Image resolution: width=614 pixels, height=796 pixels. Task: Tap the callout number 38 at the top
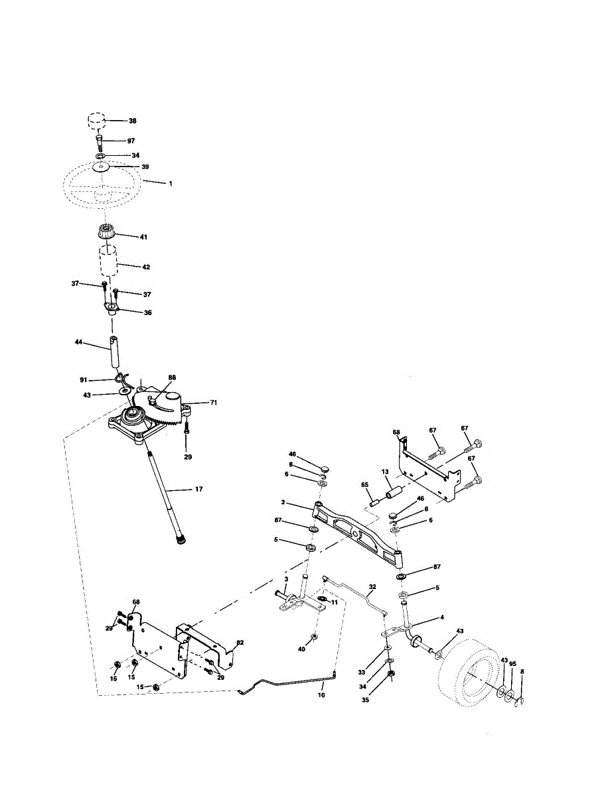pos(132,121)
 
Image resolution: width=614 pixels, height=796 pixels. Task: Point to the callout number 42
pos(145,267)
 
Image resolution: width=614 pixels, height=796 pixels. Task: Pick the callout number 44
pos(79,342)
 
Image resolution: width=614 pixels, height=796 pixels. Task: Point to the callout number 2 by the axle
pos(282,503)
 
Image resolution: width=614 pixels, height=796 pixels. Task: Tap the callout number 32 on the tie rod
pos(372,587)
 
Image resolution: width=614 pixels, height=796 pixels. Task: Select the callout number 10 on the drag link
pos(321,695)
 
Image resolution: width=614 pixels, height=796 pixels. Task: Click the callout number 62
pos(240,643)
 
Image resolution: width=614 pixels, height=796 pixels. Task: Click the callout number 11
pos(335,602)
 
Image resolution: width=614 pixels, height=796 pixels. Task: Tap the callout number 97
pos(131,141)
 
